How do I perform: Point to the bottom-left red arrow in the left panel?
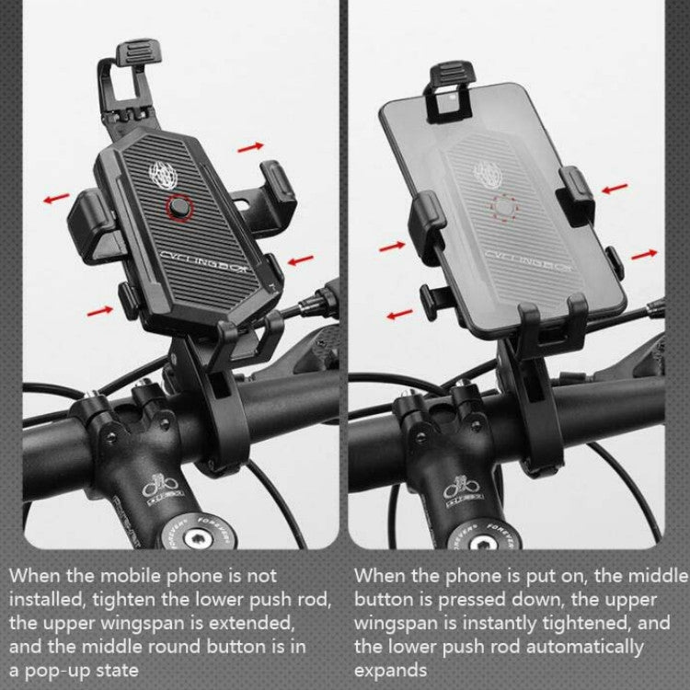pos(100,311)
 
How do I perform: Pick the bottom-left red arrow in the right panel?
pos(399,315)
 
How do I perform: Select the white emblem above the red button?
pos(160,174)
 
